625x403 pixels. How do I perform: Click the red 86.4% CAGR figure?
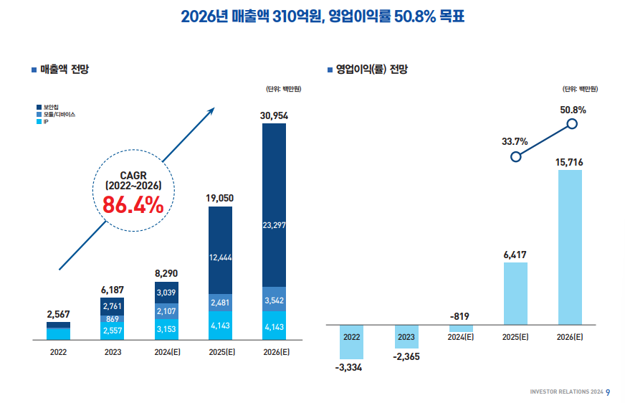(133, 204)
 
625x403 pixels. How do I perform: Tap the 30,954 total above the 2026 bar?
(275, 115)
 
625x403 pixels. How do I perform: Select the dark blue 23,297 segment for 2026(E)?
(275, 225)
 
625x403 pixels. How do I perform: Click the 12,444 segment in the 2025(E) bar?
(220, 257)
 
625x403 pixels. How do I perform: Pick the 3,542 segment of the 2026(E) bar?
(275, 300)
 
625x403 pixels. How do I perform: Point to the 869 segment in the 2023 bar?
(113, 319)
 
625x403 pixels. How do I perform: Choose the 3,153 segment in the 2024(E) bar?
(166, 328)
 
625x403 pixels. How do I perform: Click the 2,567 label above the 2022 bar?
(58, 314)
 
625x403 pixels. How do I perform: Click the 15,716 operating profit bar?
(570, 247)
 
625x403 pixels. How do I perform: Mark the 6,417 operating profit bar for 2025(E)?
(515, 293)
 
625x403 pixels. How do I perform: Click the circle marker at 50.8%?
(572, 124)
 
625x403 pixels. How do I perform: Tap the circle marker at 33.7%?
(515, 156)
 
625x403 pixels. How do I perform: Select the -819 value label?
(460, 316)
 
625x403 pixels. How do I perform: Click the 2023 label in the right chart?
(406, 336)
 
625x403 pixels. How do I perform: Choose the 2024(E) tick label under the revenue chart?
(166, 352)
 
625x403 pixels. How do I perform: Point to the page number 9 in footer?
(608, 392)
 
